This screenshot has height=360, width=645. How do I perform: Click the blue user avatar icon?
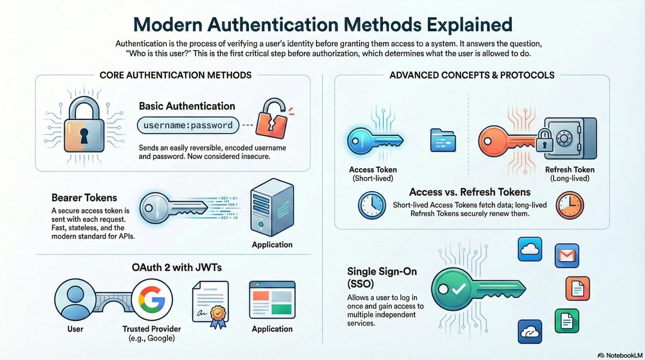76,299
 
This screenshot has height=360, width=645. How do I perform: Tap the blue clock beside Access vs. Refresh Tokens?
371,206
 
